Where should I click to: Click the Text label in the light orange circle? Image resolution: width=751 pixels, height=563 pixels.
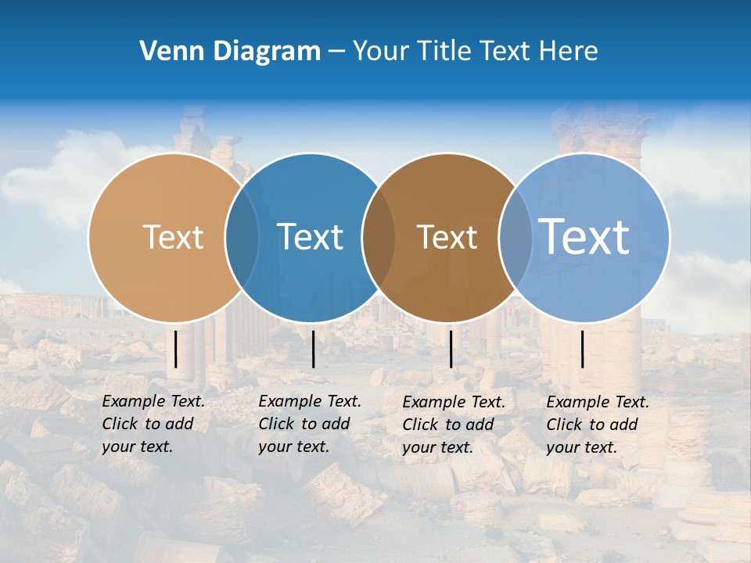pyautogui.click(x=173, y=237)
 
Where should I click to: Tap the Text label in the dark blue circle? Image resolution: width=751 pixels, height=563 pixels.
pyautogui.click(x=310, y=237)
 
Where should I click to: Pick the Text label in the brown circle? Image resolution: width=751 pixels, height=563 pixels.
pyautogui.click(x=447, y=237)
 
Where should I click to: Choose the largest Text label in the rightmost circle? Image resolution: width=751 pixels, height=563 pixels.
pyautogui.click(x=584, y=236)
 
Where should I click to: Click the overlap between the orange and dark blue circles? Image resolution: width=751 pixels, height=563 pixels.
pyautogui.click(x=242, y=237)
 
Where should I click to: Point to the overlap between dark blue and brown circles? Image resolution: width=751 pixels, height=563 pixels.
pyautogui.click(x=379, y=237)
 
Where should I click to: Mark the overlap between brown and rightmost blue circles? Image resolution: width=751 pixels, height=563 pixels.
pyautogui.click(x=515, y=237)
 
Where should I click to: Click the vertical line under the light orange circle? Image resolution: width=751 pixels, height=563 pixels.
pyautogui.click(x=176, y=349)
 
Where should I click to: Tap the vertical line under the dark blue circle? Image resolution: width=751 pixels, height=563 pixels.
pyautogui.click(x=313, y=349)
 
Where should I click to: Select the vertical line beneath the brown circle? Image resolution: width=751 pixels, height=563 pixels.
pyautogui.click(x=451, y=349)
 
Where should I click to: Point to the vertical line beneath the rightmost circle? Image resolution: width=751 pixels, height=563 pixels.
pyautogui.click(x=583, y=349)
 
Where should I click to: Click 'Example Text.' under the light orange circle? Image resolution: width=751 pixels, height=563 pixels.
pyautogui.click(x=153, y=401)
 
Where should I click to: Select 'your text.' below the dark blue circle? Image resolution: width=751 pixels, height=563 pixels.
pyautogui.click(x=293, y=447)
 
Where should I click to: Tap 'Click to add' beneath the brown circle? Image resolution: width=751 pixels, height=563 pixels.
pyautogui.click(x=448, y=425)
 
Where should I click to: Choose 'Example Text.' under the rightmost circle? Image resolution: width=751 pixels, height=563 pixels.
pyautogui.click(x=598, y=402)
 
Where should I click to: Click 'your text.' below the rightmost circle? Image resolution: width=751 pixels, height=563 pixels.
pyautogui.click(x=581, y=447)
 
